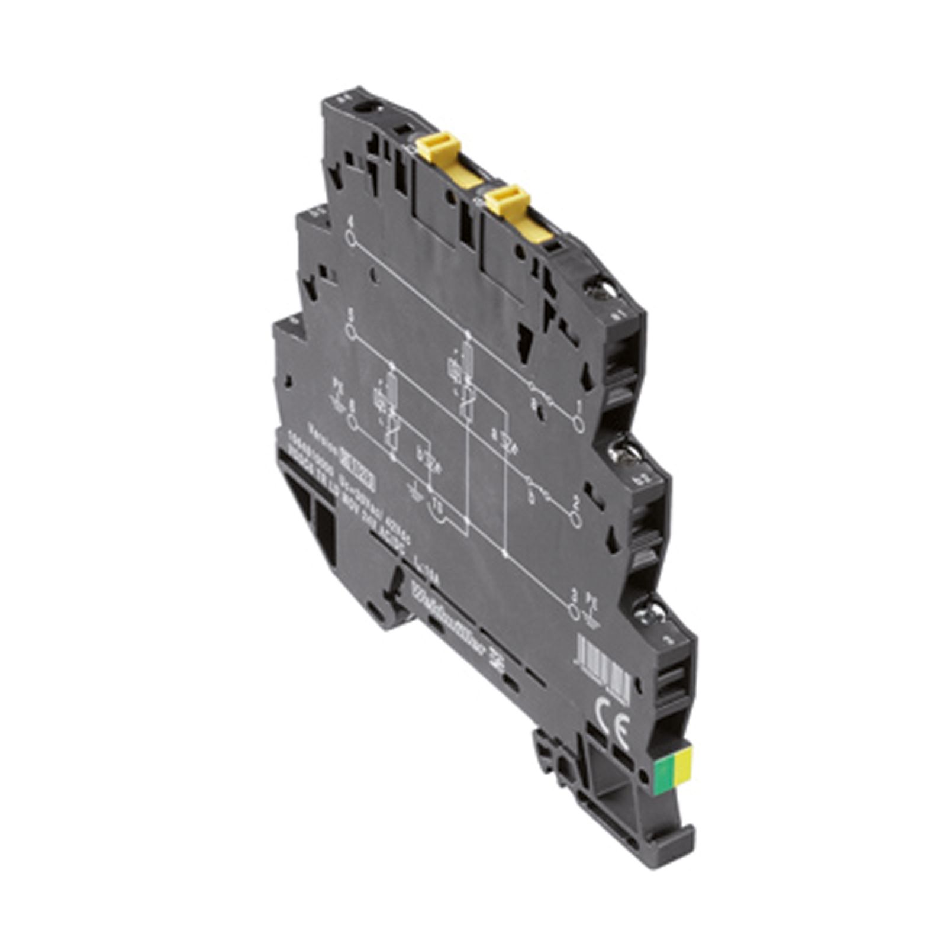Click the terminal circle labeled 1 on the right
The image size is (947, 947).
tap(579, 424)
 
